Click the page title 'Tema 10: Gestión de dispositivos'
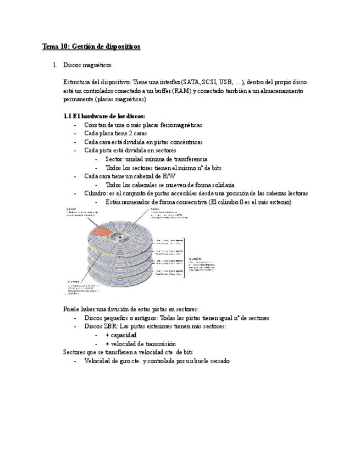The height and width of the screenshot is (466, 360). pos(91,47)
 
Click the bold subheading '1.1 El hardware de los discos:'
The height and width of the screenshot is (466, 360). pos(104,116)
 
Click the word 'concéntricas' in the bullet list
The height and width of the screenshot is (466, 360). pos(184,142)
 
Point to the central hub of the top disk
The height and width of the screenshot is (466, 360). pos(118,236)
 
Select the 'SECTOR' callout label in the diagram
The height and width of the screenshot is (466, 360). pos(71,209)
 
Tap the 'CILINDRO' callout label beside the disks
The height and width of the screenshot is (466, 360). pos(196,258)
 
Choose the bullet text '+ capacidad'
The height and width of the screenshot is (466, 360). pos(121,335)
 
